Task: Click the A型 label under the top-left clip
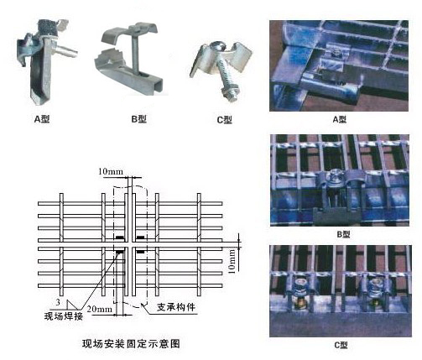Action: [x=42, y=119]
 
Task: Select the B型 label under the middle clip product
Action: [x=138, y=119]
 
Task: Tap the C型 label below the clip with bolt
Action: [x=224, y=120]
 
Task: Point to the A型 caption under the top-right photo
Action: [x=340, y=120]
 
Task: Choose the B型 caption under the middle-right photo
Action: [x=343, y=234]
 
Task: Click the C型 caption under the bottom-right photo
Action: [x=341, y=345]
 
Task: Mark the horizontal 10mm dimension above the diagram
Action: [x=111, y=171]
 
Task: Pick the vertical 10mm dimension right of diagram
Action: [x=232, y=261]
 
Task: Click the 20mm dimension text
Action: [x=100, y=309]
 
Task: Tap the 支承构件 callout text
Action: [x=176, y=307]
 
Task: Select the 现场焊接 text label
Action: [x=64, y=316]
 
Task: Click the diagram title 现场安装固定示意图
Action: [x=131, y=344]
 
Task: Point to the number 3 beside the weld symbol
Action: [x=58, y=302]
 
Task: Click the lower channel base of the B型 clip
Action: [x=129, y=77]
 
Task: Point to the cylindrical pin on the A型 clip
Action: [x=66, y=50]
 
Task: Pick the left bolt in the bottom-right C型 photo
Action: [x=300, y=291]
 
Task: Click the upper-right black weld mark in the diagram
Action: [x=140, y=237]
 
